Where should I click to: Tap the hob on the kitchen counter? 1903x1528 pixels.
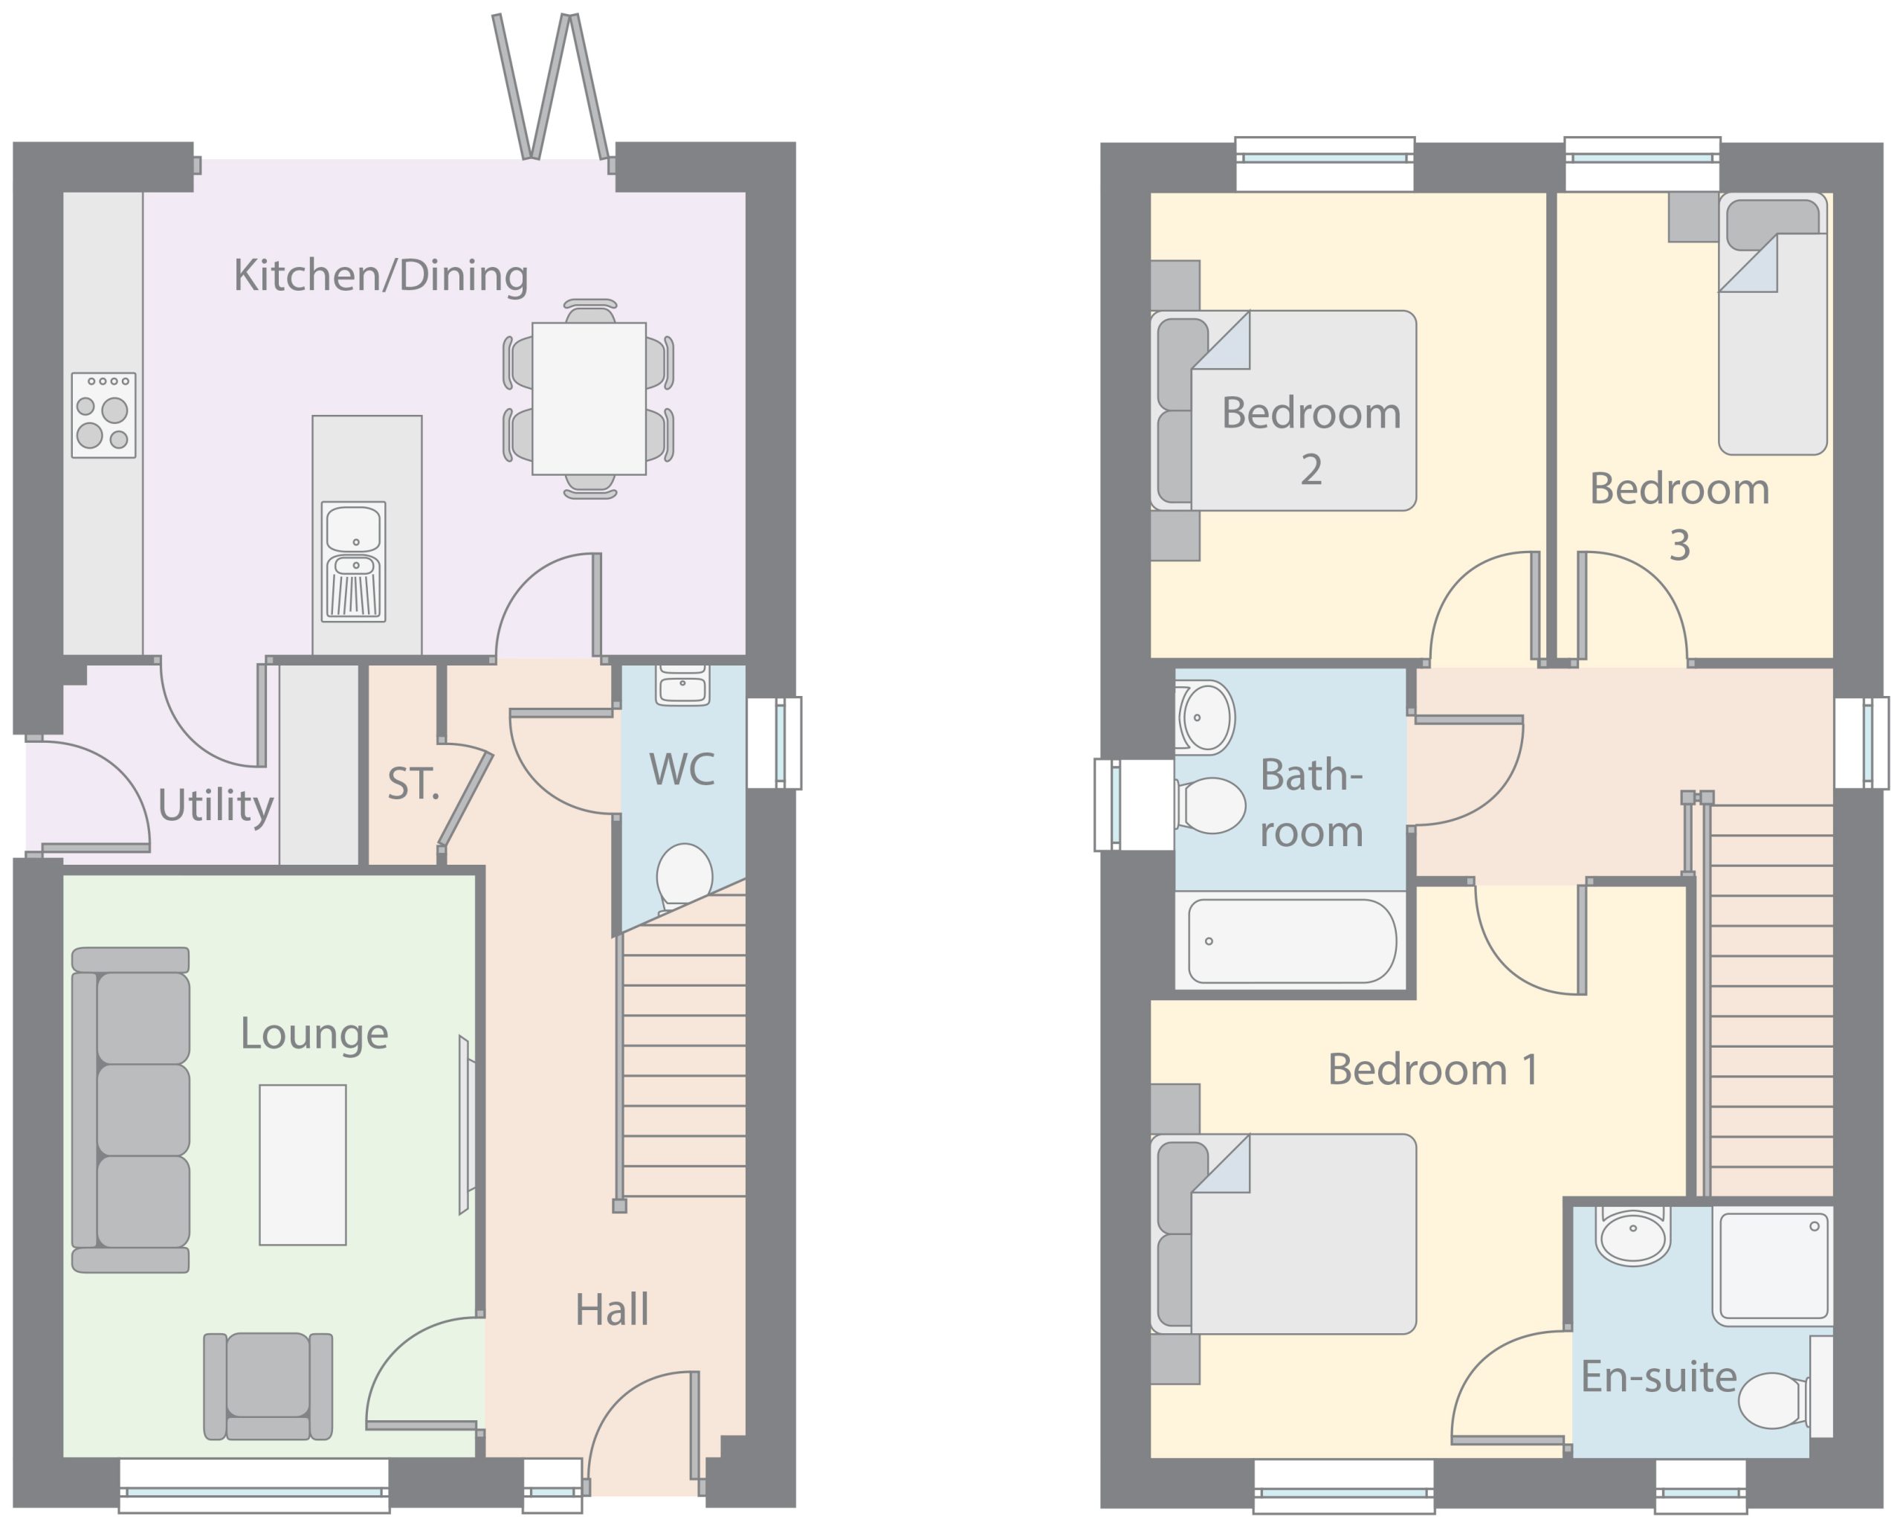coord(103,415)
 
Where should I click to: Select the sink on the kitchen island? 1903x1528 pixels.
coord(353,561)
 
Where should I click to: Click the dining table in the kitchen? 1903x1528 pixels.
coord(589,399)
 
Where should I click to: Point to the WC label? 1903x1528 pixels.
coord(682,770)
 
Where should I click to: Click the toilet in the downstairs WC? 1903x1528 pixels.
coord(684,876)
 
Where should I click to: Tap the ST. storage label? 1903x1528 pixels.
coord(413,784)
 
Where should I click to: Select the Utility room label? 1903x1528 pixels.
coord(216,806)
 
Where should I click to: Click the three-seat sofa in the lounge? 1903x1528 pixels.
coord(131,1110)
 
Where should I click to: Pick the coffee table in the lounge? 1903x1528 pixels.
coord(303,1165)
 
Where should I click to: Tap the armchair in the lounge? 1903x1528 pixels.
coord(268,1386)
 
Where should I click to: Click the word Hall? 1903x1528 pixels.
coord(612,1310)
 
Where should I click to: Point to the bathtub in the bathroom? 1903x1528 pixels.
coord(1292,941)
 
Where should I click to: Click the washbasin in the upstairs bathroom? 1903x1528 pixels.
coord(1205,718)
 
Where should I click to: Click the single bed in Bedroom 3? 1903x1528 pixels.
coord(1772,323)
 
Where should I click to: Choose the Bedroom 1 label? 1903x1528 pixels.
coord(1433,1070)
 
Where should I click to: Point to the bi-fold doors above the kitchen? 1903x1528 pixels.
coord(551,86)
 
